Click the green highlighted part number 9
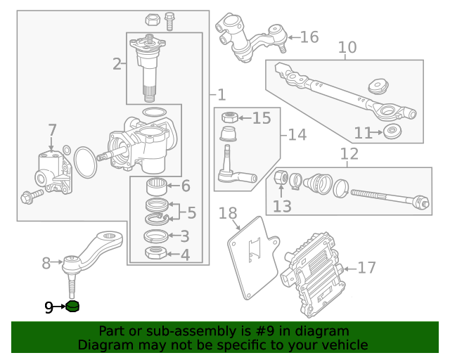point(73,307)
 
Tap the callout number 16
point(309,37)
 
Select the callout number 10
point(347,48)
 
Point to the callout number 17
point(366,267)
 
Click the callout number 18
point(229,213)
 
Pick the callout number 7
point(51,130)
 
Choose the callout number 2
point(117,65)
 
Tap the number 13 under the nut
point(282,206)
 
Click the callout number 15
point(262,117)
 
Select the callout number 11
point(363,132)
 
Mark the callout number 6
point(186,186)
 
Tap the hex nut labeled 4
point(155,253)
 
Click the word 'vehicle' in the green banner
point(342,345)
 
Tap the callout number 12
point(349,154)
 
